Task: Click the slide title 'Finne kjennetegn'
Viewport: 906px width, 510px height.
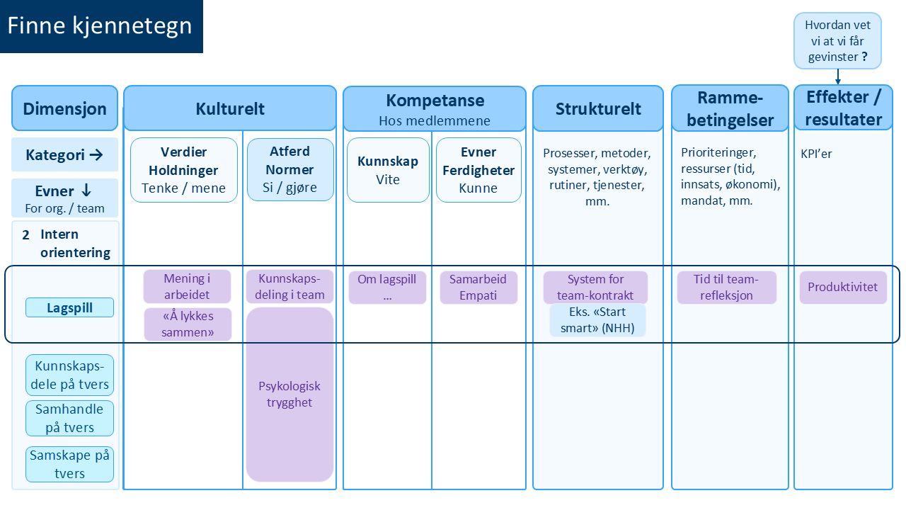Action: coord(101,26)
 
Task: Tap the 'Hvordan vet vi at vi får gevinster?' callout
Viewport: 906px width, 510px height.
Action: coord(837,40)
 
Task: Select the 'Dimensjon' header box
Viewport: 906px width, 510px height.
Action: coord(64,108)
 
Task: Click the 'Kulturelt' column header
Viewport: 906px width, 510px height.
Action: coord(230,108)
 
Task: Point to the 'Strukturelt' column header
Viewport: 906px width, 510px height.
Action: coord(598,108)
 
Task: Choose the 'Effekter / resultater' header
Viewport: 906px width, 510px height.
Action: coord(843,108)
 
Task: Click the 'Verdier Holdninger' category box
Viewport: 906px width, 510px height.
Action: coord(184,170)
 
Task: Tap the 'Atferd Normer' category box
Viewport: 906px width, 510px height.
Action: coord(290,170)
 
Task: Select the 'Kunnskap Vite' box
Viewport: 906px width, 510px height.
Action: coord(388,170)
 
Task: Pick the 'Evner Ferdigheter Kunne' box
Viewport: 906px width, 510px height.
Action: coord(478,170)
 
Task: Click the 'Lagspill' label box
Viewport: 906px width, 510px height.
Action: coord(69,307)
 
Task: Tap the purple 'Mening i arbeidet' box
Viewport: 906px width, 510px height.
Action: coord(188,287)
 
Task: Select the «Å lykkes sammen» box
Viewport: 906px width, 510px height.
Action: coord(188,324)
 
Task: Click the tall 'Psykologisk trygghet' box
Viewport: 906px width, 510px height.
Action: coord(289,395)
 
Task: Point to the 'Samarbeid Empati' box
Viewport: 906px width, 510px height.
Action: coord(478,287)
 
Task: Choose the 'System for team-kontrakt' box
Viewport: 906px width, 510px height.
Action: coord(595,287)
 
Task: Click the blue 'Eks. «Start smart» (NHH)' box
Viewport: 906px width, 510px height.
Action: coord(597,319)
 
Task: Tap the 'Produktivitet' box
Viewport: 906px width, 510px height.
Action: coord(843,287)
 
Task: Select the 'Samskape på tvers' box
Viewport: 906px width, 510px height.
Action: coord(69,465)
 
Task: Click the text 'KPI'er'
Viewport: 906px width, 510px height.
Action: coord(816,154)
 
